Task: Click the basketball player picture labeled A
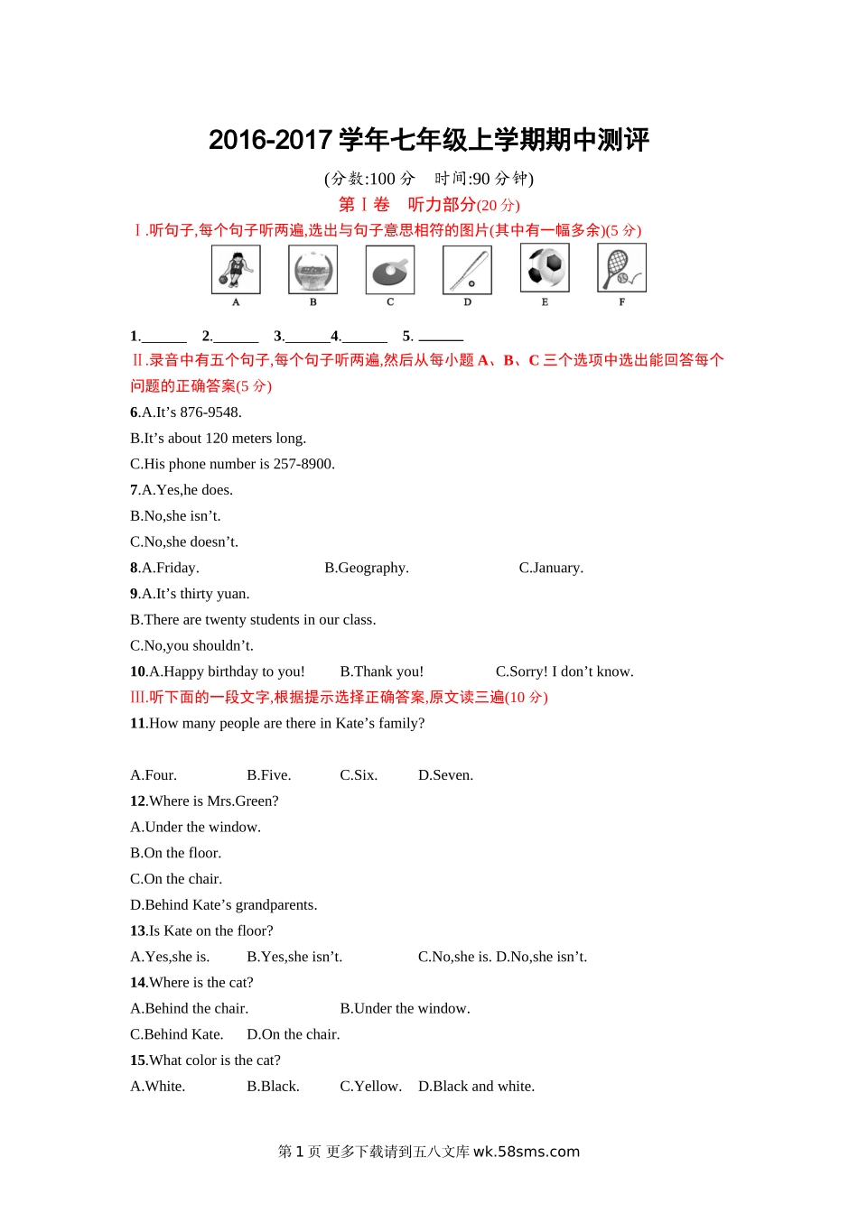pyautogui.click(x=236, y=269)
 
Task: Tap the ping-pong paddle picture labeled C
pyautogui.click(x=390, y=269)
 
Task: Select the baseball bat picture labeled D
pyautogui.click(x=467, y=269)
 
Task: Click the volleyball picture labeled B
pyautogui.click(x=313, y=269)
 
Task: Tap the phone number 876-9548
pyautogui.click(x=210, y=412)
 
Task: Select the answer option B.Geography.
pyautogui.click(x=367, y=568)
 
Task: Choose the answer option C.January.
pyautogui.click(x=551, y=568)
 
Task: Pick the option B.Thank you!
pyautogui.click(x=381, y=671)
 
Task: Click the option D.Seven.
pyautogui.click(x=445, y=775)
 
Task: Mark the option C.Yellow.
pyautogui.click(x=370, y=1087)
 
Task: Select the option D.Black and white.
pyautogui.click(x=476, y=1087)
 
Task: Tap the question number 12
pyautogui.click(x=137, y=801)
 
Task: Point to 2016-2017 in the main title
pyautogui.click(x=270, y=140)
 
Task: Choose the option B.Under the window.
pyautogui.click(x=405, y=1009)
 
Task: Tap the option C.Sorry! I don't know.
pyautogui.click(x=564, y=671)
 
